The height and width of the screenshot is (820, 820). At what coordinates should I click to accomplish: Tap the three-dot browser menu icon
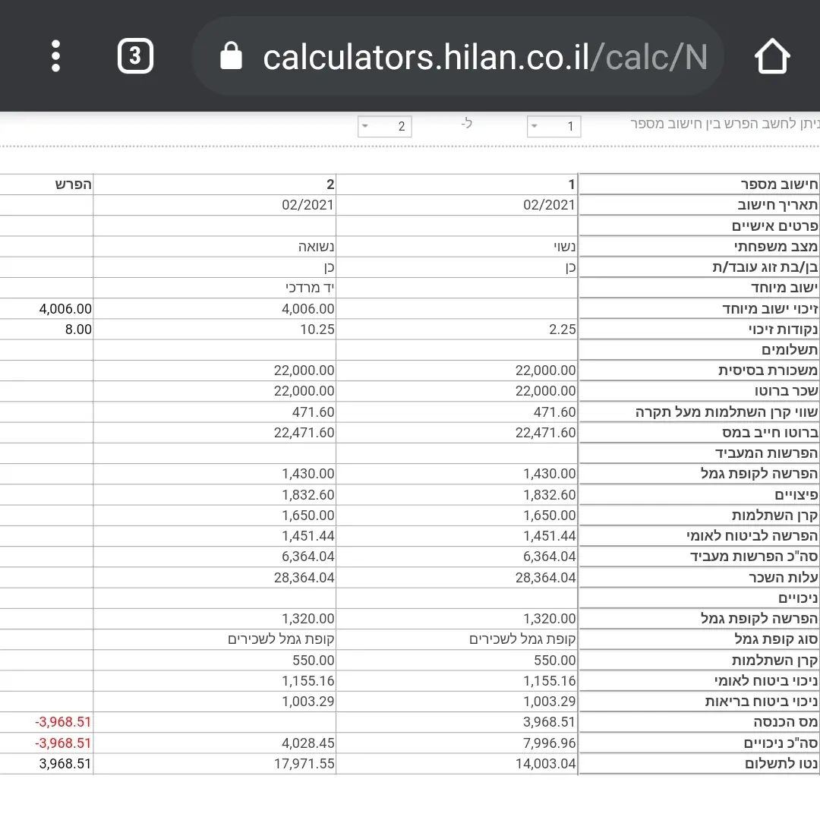point(55,56)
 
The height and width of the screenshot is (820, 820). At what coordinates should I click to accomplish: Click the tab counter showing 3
point(135,56)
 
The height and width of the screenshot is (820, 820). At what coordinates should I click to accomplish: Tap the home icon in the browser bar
point(772,57)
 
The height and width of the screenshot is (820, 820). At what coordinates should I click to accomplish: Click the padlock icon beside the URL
point(231,57)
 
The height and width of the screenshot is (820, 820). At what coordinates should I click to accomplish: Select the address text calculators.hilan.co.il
point(426,57)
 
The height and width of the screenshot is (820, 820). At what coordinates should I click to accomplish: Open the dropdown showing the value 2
point(385,126)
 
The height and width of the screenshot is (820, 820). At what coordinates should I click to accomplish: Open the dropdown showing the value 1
point(554,126)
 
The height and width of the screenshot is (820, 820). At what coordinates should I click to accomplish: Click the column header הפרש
point(73,184)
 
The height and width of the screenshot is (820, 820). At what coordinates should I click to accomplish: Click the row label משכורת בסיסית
point(768,371)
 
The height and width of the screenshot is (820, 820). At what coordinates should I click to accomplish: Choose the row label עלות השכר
point(783,578)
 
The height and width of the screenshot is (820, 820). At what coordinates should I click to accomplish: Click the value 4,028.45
point(307,743)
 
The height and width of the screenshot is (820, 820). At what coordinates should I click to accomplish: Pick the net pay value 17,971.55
point(304,764)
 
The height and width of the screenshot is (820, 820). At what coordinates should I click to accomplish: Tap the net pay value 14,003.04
point(545,764)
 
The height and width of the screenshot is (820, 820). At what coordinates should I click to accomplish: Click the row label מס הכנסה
point(785,722)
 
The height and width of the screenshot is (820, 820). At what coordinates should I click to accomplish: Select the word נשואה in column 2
point(316,247)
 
